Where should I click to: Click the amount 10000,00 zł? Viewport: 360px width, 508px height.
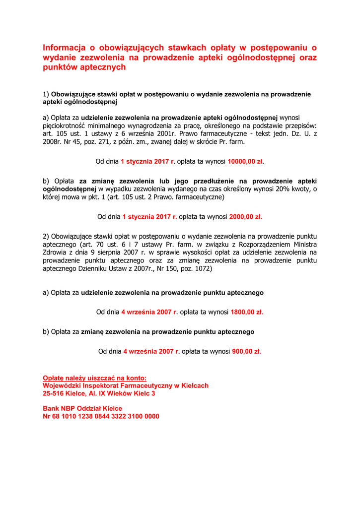[245, 162]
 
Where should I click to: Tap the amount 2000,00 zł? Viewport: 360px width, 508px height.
[245, 217]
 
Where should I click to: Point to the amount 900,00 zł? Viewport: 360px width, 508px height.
[246, 351]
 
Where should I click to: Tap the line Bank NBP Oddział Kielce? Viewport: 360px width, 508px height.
[82, 409]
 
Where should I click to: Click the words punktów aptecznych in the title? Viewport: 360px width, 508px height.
[84, 67]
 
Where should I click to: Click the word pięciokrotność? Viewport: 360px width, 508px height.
[64, 126]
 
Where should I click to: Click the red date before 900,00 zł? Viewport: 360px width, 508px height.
[151, 351]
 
